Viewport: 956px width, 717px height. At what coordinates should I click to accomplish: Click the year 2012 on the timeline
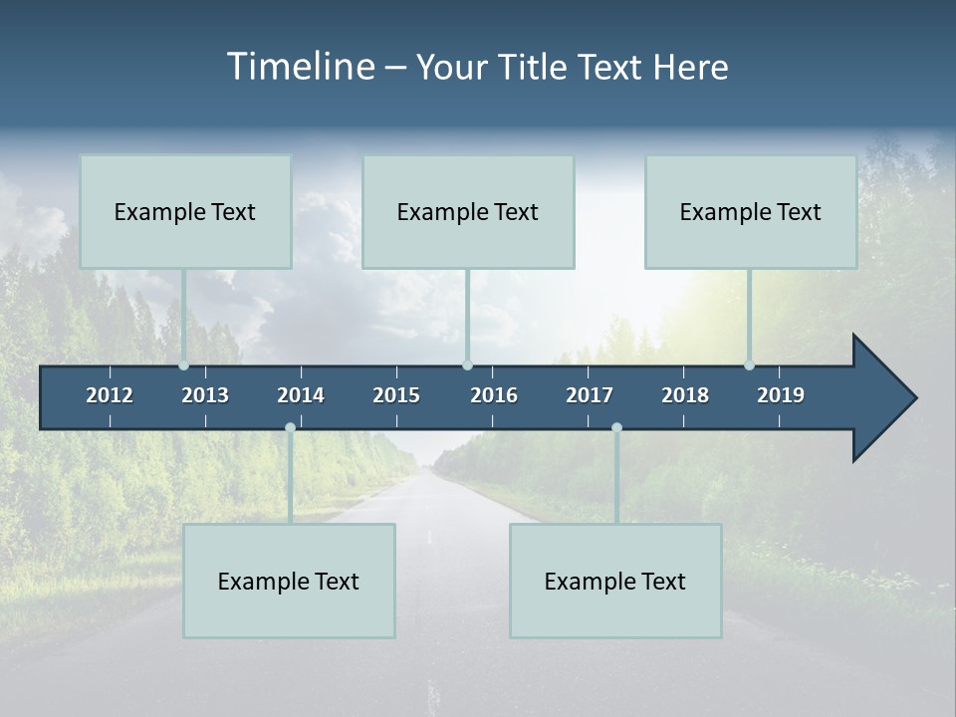(110, 395)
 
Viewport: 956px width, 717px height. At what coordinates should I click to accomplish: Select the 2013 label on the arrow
(205, 395)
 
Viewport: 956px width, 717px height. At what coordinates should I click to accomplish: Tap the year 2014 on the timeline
(301, 395)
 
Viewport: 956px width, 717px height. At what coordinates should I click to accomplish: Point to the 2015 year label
(396, 395)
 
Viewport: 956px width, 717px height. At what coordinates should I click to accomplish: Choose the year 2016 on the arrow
(494, 395)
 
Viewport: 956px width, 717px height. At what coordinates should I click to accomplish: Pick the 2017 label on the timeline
(590, 395)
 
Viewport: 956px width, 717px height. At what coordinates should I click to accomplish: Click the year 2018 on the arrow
(685, 395)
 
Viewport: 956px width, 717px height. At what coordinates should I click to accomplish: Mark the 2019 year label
(781, 395)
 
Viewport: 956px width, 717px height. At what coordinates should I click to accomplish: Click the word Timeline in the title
(300, 67)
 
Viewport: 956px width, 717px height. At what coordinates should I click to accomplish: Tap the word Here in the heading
(690, 67)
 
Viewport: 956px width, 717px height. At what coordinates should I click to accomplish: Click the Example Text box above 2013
(185, 211)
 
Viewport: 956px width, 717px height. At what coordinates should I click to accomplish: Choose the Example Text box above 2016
(468, 211)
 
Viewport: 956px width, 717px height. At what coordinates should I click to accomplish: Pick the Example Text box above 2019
(751, 211)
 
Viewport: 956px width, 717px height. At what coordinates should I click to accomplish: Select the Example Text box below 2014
(289, 581)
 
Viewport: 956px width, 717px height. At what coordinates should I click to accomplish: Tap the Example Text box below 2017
(615, 581)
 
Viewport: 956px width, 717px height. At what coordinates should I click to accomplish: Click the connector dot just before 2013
(184, 365)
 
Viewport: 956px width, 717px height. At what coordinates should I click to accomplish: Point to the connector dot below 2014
(290, 428)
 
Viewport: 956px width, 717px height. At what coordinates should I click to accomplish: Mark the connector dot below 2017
(616, 428)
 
